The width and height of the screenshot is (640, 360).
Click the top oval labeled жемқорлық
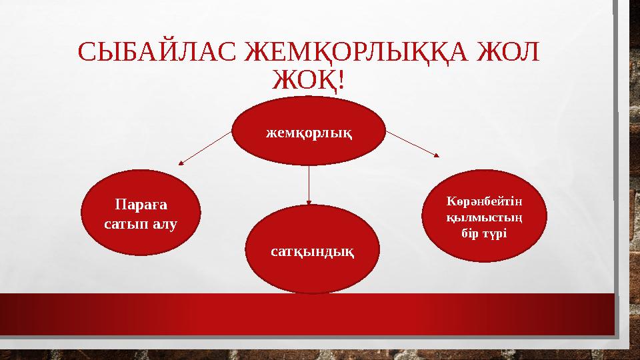(309, 131)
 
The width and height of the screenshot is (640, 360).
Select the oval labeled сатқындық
(312, 251)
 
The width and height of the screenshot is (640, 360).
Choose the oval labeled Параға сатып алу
(141, 213)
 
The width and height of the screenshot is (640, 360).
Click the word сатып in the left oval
(125, 224)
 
